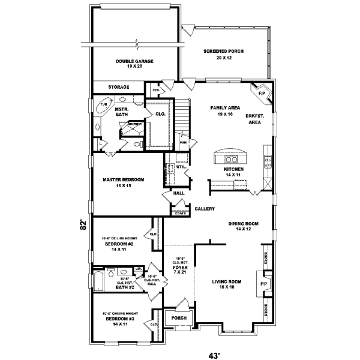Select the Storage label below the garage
(118, 87)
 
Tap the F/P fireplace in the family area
(261, 94)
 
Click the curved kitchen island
(231, 156)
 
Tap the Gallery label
(205, 209)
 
